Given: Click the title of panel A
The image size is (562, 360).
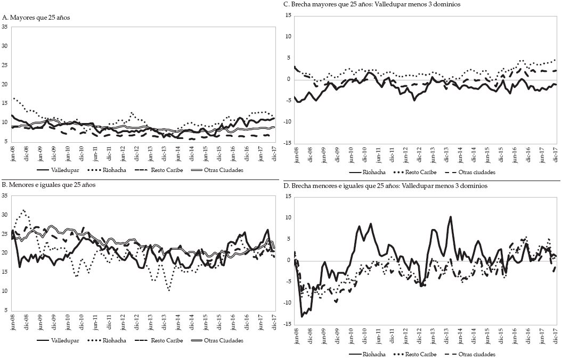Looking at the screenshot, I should (36, 18).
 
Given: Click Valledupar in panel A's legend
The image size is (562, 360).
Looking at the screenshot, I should (66, 170).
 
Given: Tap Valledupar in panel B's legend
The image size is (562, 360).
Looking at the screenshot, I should (66, 340).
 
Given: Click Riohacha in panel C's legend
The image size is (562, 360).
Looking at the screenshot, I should (375, 173).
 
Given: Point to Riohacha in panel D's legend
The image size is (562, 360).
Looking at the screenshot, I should (375, 354).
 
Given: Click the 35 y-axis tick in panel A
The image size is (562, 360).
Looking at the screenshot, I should (5, 27).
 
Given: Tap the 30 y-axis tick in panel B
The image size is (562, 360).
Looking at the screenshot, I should (5, 215).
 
